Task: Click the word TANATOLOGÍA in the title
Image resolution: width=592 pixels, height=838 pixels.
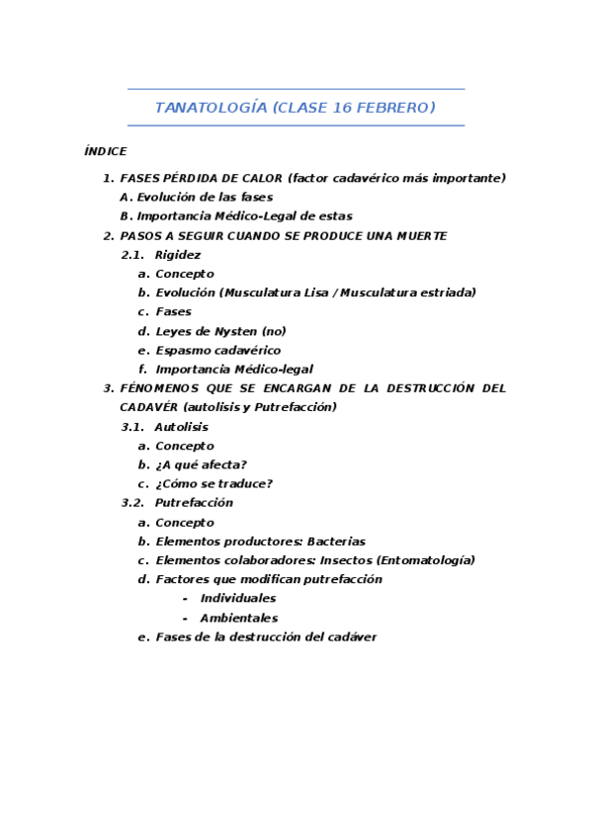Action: (210, 108)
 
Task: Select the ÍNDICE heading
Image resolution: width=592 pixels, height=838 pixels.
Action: (105, 151)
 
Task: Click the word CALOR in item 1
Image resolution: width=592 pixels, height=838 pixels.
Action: (260, 178)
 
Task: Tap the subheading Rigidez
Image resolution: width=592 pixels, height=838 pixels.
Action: (178, 255)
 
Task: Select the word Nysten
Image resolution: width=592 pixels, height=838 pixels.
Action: (234, 331)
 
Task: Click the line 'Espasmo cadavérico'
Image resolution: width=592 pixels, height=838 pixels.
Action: (217, 350)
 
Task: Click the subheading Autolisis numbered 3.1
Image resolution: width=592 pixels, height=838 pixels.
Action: (181, 427)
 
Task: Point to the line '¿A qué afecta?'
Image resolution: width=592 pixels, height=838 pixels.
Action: (201, 464)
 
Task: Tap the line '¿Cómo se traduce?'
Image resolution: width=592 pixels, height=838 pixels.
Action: (213, 483)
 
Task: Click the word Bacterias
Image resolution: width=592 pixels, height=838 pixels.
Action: (336, 542)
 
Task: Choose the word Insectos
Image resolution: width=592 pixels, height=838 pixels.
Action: (348, 560)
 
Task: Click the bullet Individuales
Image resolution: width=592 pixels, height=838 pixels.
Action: (238, 599)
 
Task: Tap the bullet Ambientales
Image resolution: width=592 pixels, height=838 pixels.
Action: (239, 618)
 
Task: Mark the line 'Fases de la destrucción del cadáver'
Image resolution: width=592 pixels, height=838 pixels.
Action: (266, 637)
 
